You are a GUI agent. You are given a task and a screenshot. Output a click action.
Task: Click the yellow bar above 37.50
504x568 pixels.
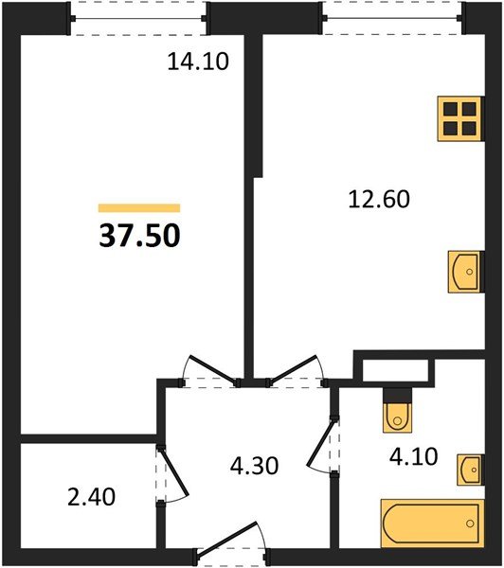139,207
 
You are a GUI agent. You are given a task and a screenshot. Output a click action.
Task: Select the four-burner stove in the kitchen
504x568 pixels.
460,118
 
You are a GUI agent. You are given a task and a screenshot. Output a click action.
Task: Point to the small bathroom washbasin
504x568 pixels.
469,468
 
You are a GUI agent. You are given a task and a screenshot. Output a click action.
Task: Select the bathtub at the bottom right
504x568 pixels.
431,523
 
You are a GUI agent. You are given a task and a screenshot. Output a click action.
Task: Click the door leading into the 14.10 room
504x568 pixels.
208,371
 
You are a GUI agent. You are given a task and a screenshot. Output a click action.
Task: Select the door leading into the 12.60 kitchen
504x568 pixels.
296,371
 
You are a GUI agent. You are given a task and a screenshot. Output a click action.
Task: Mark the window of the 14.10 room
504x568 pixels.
140,17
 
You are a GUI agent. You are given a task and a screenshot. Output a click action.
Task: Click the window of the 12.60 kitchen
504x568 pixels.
392,17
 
